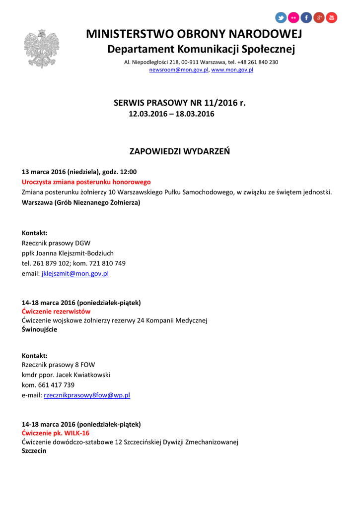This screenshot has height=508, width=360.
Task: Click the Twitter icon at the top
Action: (x=281, y=18)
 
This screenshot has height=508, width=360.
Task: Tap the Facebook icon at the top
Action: (x=306, y=18)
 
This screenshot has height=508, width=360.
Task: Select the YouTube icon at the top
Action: (x=331, y=18)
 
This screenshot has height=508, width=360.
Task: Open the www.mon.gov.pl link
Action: (x=232, y=70)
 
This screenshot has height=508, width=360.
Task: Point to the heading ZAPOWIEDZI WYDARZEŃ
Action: (x=180, y=151)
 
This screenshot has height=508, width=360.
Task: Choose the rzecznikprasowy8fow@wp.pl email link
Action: (x=87, y=395)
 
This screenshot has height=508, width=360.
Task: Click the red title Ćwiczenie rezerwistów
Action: (x=56, y=312)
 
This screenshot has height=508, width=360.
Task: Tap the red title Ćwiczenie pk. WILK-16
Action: (x=56, y=433)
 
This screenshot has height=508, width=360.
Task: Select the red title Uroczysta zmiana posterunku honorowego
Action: (x=86, y=182)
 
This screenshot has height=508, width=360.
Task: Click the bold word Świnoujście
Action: (x=39, y=329)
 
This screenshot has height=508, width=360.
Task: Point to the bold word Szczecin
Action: (x=34, y=451)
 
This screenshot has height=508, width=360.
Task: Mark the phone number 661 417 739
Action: (x=55, y=385)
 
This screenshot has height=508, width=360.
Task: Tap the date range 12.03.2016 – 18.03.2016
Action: (x=171, y=114)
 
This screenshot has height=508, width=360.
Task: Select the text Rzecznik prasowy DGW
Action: (x=56, y=243)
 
